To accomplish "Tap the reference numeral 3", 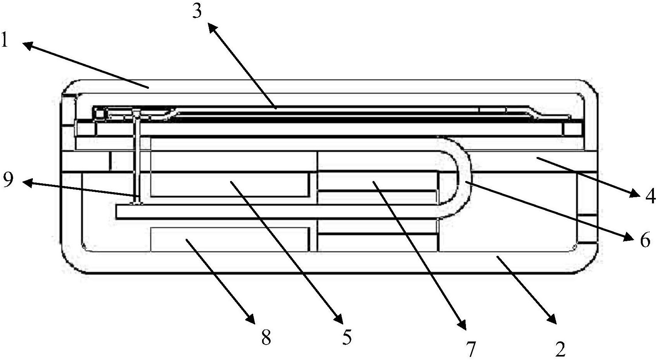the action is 197,11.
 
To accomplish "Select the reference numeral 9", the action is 8,180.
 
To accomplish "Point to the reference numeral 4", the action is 650,196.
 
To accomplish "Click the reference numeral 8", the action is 266,337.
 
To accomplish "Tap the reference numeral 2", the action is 560,349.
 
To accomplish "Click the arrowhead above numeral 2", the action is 551,319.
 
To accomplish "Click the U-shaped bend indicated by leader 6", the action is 464,177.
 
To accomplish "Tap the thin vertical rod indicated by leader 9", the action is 137,158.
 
